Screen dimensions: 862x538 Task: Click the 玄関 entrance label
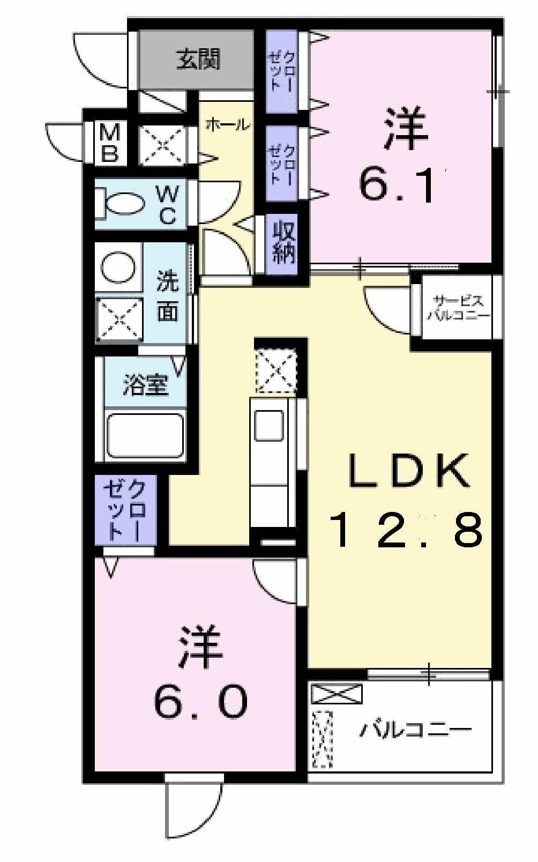(x=198, y=60)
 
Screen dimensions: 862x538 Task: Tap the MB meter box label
(x=110, y=143)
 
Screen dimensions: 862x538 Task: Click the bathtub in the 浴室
(x=145, y=435)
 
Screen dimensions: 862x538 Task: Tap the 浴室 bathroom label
(x=145, y=384)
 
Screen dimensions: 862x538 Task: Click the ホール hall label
(x=227, y=124)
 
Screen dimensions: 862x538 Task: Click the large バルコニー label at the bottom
(x=415, y=729)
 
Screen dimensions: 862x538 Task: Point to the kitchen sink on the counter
(x=269, y=425)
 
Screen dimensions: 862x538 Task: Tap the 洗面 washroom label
(x=167, y=296)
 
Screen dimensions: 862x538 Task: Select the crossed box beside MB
(x=162, y=145)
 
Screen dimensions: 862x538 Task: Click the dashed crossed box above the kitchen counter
(x=275, y=370)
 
